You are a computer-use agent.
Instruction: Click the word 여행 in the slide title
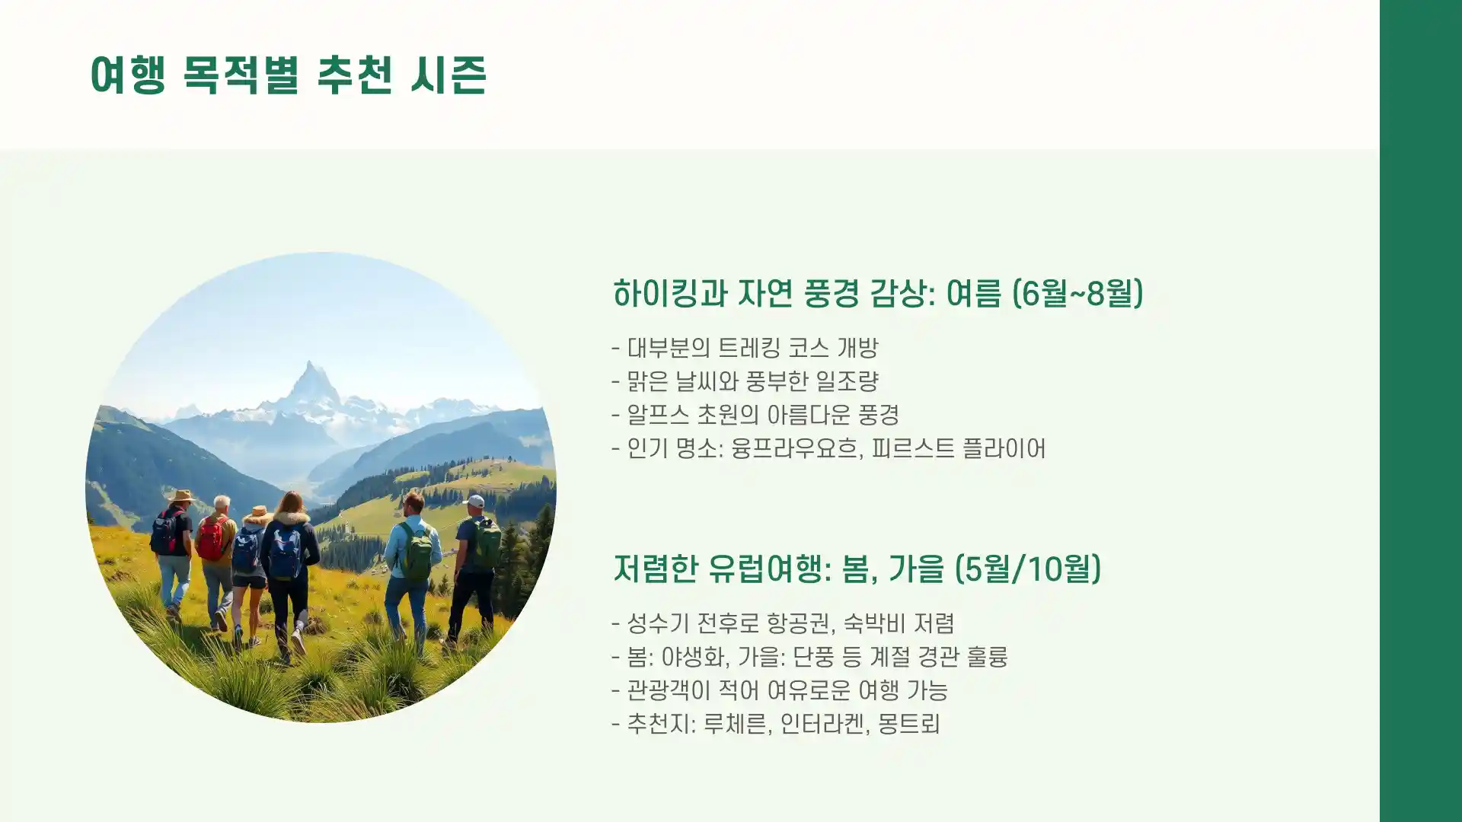point(127,75)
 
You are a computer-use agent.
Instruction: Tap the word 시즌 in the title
point(448,75)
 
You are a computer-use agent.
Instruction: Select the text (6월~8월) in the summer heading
point(1077,293)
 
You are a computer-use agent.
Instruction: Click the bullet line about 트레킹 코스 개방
point(745,348)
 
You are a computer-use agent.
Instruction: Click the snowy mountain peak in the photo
point(311,381)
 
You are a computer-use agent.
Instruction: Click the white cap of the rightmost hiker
point(474,501)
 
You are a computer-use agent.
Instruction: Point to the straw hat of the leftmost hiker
point(181,496)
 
